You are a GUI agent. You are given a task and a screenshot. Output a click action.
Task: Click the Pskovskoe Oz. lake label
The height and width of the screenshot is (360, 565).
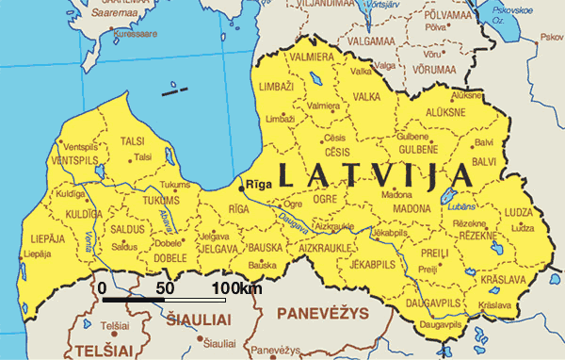526,14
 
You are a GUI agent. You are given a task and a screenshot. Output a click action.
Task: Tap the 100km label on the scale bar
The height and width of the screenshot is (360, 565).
237,287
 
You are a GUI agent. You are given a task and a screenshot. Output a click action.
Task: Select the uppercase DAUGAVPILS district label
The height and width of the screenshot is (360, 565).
435,302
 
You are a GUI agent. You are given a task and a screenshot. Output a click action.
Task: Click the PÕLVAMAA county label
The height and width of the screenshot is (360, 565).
448,16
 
